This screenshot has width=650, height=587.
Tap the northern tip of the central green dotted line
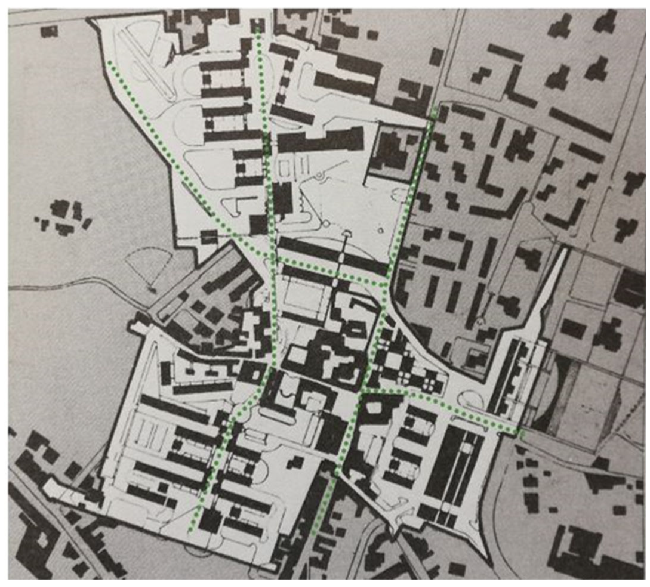click(x=258, y=30)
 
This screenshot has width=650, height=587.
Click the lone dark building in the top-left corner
click(x=49, y=31)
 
